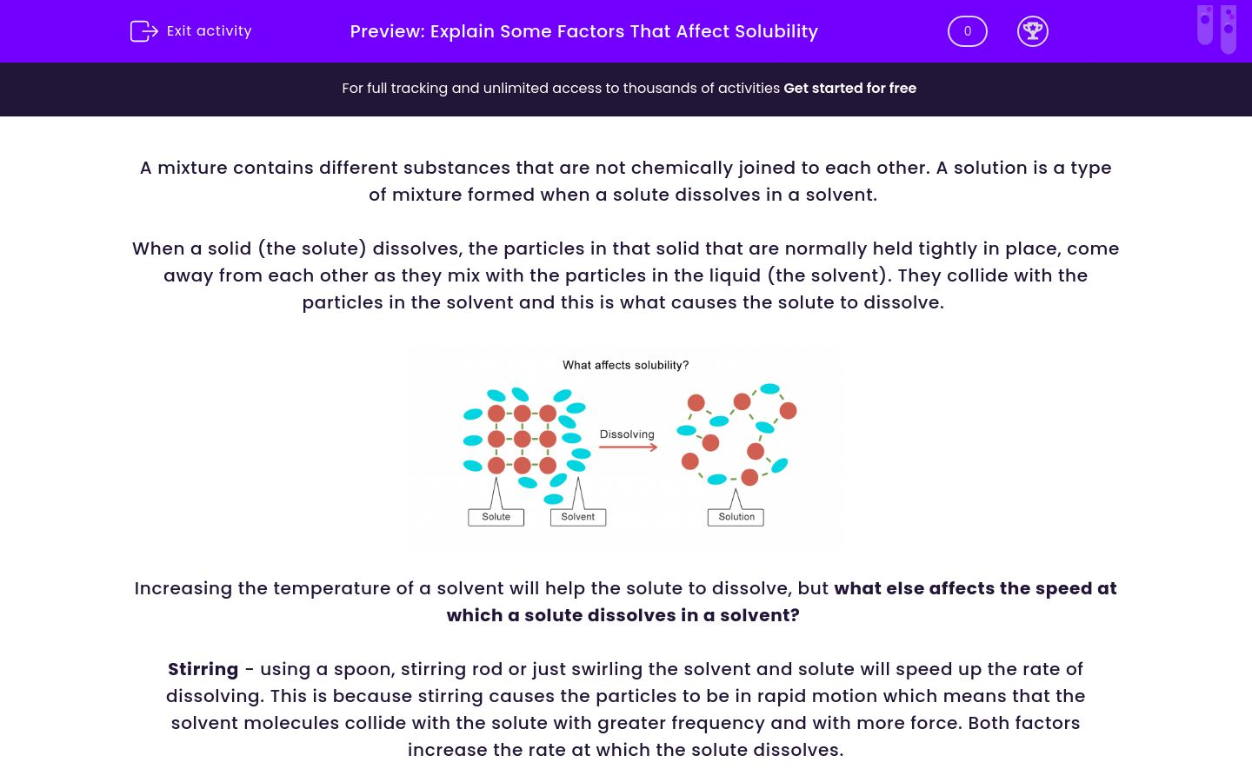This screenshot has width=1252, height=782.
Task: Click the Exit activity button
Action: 191,31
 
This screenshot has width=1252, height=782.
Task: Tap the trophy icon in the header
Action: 1032,31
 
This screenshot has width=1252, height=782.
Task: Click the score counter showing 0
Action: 967,31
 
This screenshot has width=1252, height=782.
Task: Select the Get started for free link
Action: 849,88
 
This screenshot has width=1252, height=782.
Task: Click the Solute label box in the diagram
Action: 496,517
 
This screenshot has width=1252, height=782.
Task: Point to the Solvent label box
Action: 577,517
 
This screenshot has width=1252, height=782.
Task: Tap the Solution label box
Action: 736,517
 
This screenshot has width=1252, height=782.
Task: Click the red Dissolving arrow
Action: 628,447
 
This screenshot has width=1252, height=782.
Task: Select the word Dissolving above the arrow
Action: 627,434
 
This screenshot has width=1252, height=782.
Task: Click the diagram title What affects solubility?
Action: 625,365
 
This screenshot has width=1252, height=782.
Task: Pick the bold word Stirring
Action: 203,669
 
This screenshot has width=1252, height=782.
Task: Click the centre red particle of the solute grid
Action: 522,439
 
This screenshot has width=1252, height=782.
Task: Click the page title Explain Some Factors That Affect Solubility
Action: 623,31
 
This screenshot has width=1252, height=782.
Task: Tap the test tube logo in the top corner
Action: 1216,28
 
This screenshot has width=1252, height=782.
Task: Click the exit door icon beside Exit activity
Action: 143,31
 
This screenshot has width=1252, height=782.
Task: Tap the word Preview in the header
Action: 387,31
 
